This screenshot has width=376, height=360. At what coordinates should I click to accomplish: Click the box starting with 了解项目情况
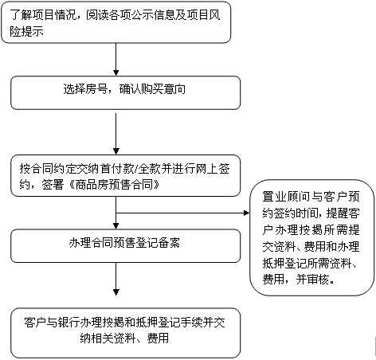116,22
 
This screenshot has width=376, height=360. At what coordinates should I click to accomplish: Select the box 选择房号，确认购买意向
126,92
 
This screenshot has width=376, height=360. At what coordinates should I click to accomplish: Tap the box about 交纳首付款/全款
126,176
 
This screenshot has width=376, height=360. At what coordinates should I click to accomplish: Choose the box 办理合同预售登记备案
126,246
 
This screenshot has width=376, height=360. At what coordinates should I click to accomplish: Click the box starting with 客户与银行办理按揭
126,333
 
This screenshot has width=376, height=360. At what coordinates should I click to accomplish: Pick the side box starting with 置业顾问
312,237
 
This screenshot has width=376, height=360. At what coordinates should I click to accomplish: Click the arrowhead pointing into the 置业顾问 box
246,213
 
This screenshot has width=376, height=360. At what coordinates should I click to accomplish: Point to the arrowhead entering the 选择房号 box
116,72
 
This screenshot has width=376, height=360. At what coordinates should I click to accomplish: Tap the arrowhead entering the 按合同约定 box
116,151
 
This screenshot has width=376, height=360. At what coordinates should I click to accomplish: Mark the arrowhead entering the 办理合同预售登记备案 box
116,226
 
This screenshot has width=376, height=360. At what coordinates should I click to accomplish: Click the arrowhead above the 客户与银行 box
116,292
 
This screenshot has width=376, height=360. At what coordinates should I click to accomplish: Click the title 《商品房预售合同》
114,184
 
